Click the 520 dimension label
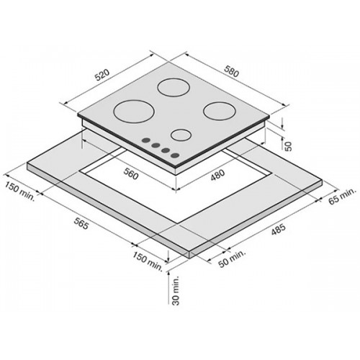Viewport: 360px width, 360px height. click(x=102, y=75)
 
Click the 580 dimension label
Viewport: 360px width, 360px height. click(x=232, y=71)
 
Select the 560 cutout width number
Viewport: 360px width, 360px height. click(x=131, y=174)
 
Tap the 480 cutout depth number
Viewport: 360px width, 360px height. click(x=217, y=175)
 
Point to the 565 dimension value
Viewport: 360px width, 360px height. click(x=81, y=223)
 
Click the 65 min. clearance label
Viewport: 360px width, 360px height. click(x=341, y=196)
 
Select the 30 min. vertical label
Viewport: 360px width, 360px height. click(x=176, y=290)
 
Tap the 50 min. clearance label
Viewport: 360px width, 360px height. click(x=232, y=258)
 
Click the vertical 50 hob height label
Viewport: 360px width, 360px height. click(x=288, y=146)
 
